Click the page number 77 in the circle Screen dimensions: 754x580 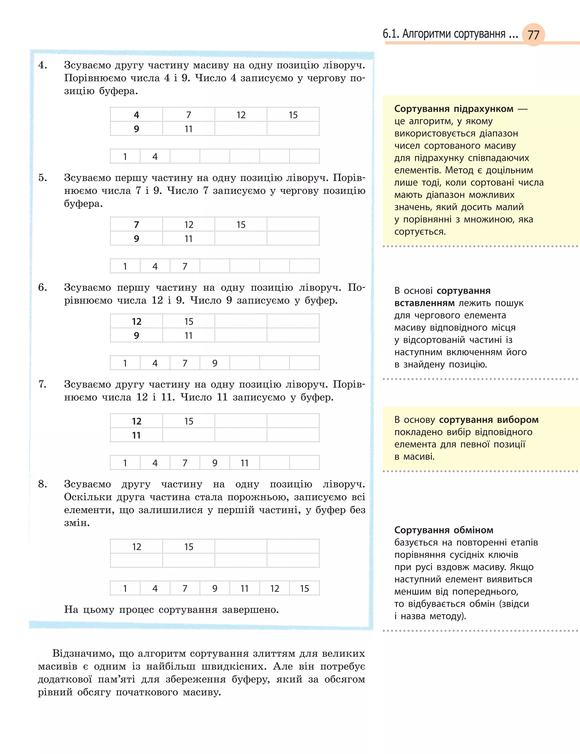pos(533,35)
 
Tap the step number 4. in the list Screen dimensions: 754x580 pos(42,65)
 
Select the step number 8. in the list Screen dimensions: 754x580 pos(42,484)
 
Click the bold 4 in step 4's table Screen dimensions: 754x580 pos(137,115)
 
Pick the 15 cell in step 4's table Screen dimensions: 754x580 pos(293,115)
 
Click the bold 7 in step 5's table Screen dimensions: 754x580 pos(137,225)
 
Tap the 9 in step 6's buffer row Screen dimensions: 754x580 pos(214,363)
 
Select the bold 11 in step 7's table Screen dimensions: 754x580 pos(137,435)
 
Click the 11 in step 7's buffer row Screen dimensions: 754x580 pos(244,463)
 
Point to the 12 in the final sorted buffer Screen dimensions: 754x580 pos(274,588)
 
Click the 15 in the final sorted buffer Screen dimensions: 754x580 pos(304,588)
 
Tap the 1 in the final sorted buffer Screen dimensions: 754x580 pos(125,588)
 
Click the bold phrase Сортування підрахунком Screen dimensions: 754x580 pos(454,109)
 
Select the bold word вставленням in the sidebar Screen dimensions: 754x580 pos(424,303)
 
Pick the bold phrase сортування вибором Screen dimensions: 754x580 pos(489,420)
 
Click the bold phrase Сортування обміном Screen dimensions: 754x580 pos(443,530)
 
